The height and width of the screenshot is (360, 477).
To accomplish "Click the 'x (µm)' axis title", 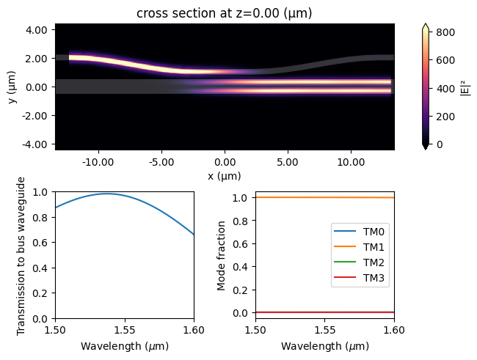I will (225, 176).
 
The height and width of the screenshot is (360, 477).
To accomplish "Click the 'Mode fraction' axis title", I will (221, 255).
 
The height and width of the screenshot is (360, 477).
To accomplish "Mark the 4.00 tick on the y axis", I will (37, 29).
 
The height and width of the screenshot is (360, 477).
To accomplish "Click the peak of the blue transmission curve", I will (108, 194).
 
